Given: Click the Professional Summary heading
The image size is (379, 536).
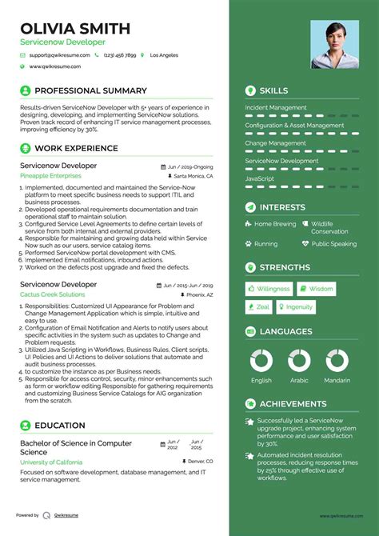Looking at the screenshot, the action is pos(90,91).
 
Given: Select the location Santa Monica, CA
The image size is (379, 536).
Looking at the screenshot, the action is pos(193,175).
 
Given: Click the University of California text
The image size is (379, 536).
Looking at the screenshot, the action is pos(50,462).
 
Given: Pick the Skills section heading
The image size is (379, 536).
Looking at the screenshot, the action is pos(273,90).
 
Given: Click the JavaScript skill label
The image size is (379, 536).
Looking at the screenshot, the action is pos(260,178).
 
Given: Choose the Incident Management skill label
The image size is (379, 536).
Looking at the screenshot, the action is pos(276,107).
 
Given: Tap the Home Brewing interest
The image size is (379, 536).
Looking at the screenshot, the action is pos(275,225).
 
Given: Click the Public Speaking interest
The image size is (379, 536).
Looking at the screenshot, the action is pos(333,244).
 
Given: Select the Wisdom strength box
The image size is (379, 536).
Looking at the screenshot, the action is pos(317,289).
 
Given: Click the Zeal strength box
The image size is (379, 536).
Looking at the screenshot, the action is pos(258,307).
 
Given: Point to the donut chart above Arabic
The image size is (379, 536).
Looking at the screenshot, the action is pos(299,359).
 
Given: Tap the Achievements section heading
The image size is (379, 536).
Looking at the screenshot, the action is pos(293,404).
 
